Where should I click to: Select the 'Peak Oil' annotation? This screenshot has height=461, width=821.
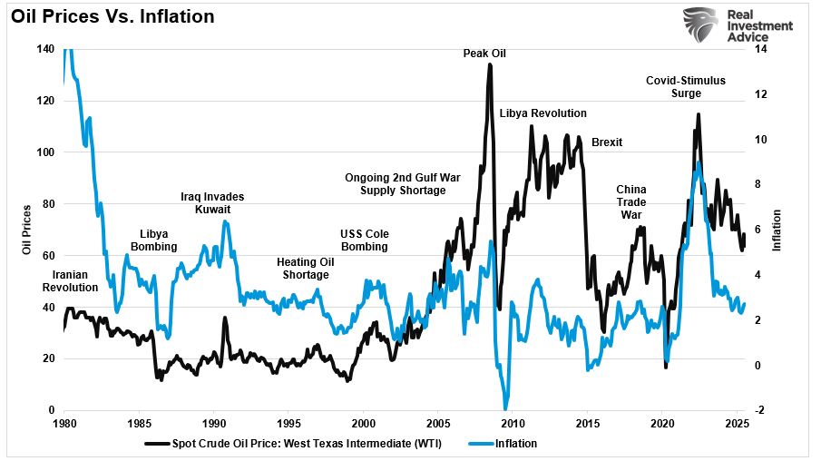(484, 54)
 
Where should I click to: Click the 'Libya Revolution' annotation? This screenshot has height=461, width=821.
(542, 113)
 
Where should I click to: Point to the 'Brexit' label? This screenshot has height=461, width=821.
(607, 142)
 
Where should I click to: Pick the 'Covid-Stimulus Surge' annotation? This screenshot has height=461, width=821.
(686, 86)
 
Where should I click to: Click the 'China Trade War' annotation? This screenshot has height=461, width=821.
(630, 201)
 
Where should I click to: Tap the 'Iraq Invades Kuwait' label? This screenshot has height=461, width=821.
(212, 202)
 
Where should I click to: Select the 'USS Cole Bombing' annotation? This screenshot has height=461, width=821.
(364, 240)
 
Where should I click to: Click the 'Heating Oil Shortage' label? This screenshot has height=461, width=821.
(306, 269)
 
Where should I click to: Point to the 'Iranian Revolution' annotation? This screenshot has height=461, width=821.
(70, 280)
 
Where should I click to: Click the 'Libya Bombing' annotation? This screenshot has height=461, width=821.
(159, 240)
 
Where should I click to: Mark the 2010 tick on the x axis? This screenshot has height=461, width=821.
(513, 423)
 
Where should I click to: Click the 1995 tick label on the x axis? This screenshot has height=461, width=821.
(288, 423)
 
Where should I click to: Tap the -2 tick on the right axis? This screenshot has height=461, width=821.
(758, 410)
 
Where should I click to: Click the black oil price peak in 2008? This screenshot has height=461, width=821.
(490, 64)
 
